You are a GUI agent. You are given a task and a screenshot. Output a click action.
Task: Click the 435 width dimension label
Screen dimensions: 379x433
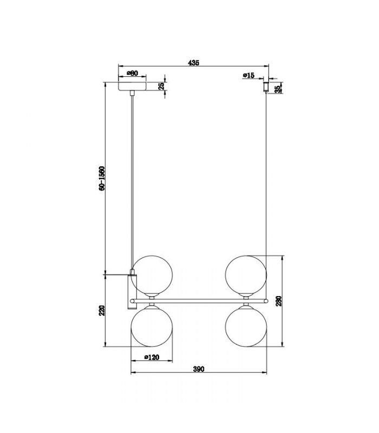[x=193, y=63]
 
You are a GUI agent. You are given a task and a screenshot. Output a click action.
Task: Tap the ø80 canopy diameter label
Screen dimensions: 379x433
[x=132, y=73]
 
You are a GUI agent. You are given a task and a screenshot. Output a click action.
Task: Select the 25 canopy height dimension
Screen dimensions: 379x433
[x=161, y=86]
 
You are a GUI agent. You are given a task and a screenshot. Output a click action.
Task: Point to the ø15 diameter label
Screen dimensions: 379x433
[x=249, y=75]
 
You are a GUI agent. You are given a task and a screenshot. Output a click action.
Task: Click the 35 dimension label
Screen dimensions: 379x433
[x=278, y=89]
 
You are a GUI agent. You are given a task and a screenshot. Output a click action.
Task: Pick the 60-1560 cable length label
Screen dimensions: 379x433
[x=102, y=179]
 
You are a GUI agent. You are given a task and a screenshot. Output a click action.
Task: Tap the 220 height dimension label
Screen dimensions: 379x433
[x=102, y=311]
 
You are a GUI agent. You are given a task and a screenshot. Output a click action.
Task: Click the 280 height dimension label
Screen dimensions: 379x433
[x=279, y=301]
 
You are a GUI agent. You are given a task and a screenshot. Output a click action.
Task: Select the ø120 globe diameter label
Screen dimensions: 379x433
[x=152, y=357]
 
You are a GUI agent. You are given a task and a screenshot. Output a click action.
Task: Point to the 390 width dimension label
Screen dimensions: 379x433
[x=199, y=369]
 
